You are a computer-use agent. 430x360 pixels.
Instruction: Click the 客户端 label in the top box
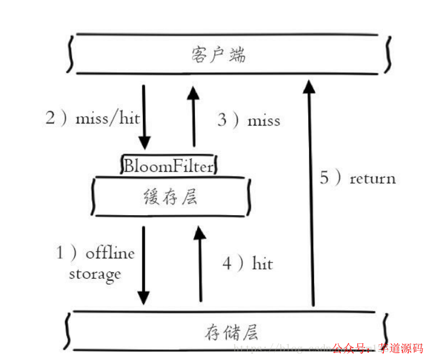click(x=218, y=55)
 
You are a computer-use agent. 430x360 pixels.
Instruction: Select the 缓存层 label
click(x=170, y=197)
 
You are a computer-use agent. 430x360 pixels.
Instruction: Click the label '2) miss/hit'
click(x=92, y=119)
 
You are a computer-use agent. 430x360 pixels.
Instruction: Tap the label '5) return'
click(x=358, y=178)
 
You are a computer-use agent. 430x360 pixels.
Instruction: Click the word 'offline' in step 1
click(x=110, y=253)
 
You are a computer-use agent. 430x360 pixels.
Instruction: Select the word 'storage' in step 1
click(x=95, y=273)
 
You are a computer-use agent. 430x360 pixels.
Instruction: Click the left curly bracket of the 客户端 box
click(x=70, y=54)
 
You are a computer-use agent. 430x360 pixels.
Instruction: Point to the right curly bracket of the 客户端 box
click(x=388, y=54)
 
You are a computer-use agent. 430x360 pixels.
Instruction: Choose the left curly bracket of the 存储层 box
click(x=69, y=331)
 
